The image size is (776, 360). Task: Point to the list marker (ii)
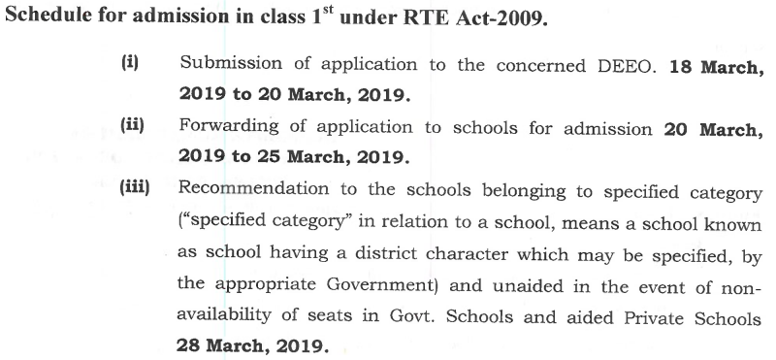pos(133,125)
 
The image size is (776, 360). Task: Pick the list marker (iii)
pos(135,187)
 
